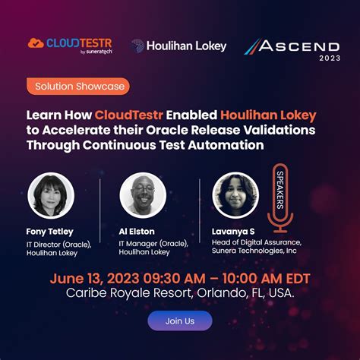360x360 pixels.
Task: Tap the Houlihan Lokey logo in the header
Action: click(178, 46)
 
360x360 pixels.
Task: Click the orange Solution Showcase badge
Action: click(77, 87)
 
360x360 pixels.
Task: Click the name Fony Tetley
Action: click(51, 231)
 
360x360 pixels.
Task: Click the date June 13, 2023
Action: click(90, 277)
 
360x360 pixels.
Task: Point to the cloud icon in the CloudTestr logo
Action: click(36, 44)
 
